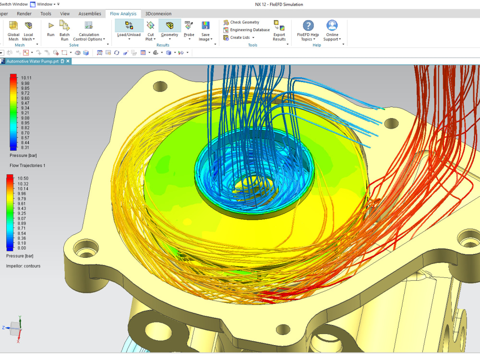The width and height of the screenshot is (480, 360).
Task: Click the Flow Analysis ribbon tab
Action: click(x=123, y=14)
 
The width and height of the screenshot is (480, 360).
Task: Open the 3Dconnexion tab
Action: click(x=158, y=14)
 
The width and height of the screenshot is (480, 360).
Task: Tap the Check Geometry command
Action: click(x=244, y=22)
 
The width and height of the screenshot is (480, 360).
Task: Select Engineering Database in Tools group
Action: click(x=249, y=30)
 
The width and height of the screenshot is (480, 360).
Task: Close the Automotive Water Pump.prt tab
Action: click(x=68, y=61)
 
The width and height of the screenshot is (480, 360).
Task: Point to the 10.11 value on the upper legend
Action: click(x=26, y=78)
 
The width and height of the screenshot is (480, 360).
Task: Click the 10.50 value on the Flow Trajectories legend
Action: click(x=23, y=178)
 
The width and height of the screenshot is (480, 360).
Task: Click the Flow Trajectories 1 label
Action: click(x=27, y=165)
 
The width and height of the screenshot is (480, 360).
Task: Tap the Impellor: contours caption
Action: click(x=23, y=266)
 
